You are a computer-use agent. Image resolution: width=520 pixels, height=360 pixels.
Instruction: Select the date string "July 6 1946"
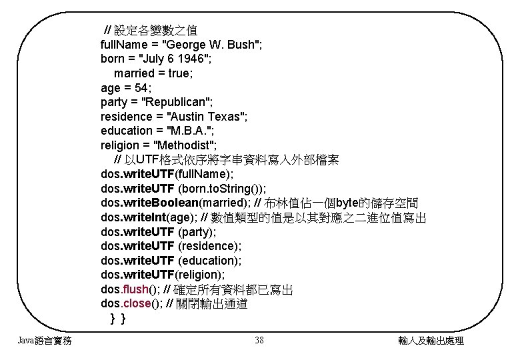(170, 59)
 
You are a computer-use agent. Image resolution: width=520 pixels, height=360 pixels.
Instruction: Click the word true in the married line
(179, 73)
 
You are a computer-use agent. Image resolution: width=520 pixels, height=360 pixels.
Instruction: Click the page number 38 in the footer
(259, 341)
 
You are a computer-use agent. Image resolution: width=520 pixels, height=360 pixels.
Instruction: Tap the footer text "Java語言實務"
(45, 341)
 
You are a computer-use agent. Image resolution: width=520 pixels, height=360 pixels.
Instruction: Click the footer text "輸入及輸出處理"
(430, 341)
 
